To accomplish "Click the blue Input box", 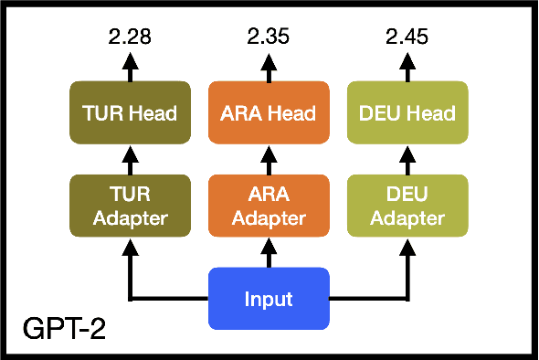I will point(269,299).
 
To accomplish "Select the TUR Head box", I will point(130,114).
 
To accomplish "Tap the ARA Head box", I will point(269,114).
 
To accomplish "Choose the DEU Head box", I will point(407,114).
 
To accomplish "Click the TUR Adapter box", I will point(130,206).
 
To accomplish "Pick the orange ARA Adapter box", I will point(269,206).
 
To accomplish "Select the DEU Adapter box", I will point(407,206).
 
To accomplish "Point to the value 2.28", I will point(130,37).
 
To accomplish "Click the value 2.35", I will point(269,37).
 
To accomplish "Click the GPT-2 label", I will point(64,327).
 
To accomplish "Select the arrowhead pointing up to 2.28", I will point(130,60).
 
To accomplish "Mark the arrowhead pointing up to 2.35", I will point(269,60).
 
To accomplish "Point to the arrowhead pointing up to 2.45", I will point(407,60).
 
